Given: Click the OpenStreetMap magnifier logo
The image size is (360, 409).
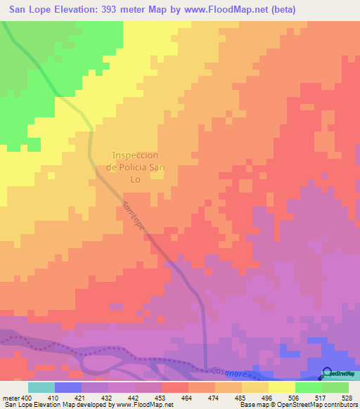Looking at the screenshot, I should [x=328, y=373].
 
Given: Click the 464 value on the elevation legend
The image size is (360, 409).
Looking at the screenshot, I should [x=188, y=397].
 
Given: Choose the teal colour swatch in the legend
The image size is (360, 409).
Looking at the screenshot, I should [x=41, y=387].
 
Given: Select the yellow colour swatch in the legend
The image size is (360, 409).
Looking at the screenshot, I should [x=281, y=387].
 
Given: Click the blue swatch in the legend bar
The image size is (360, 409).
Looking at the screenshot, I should [x=67, y=387].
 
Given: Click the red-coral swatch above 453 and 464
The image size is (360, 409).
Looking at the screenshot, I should [x=174, y=387].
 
